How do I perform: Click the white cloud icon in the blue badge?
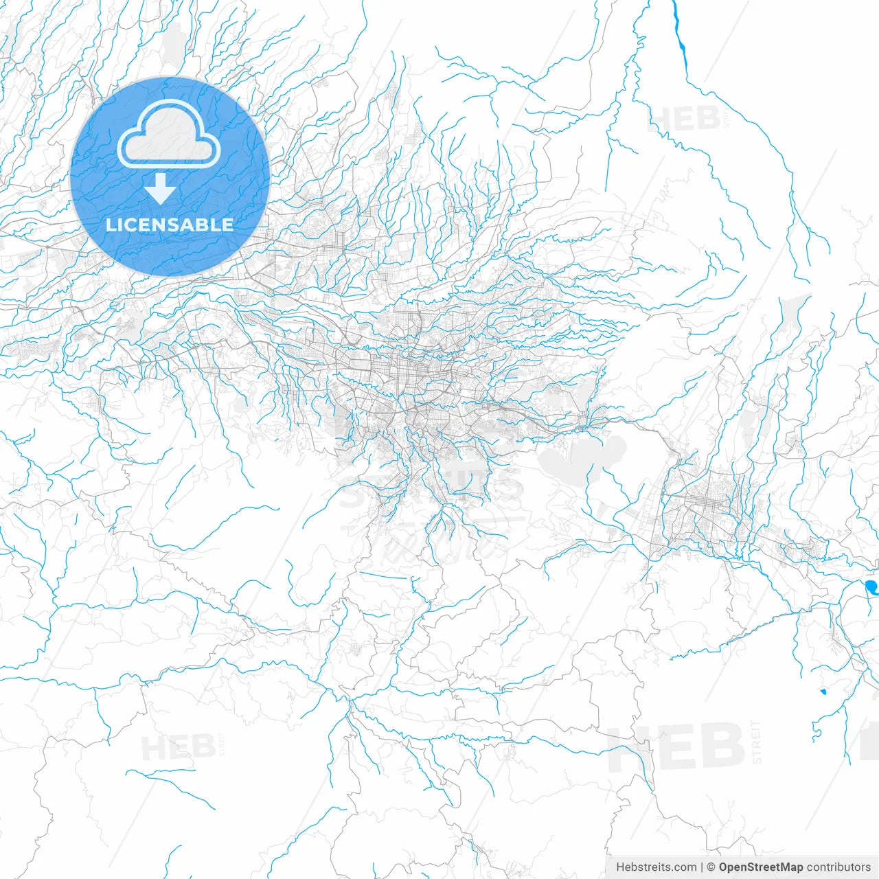click(169, 135)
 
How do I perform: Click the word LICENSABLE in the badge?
click(170, 225)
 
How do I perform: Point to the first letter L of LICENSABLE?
click(111, 225)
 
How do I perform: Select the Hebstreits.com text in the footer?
click(656, 867)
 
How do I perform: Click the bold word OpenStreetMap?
click(761, 867)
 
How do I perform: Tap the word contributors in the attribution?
click(838, 867)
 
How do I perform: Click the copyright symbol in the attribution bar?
click(711, 867)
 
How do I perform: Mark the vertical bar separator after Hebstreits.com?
click(702, 867)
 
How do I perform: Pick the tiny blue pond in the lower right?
click(823, 691)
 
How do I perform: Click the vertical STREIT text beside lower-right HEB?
click(756, 742)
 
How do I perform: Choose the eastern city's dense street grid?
click(704, 505)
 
